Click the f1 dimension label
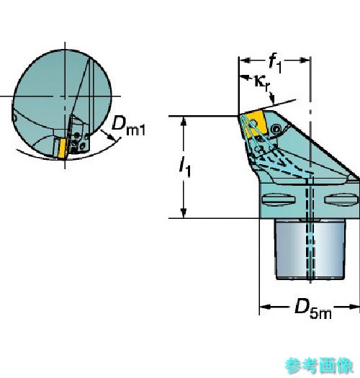(x=275, y=63)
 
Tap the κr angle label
(x=261, y=83)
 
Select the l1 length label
(x=185, y=167)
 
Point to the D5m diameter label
(x=313, y=309)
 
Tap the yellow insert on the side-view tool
(x=255, y=123)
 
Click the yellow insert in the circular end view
(x=62, y=148)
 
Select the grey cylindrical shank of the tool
(x=310, y=250)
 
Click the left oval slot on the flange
(x=279, y=199)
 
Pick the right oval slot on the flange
(x=341, y=199)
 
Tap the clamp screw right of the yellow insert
(x=276, y=129)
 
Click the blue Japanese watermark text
(x=319, y=366)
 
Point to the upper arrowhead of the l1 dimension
(x=184, y=121)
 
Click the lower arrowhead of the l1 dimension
(x=184, y=213)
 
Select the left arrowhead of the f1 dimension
(x=244, y=60)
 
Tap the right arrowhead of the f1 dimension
(x=305, y=60)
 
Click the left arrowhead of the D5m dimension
(x=264, y=307)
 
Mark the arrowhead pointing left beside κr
(x=244, y=78)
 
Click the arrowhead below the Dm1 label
(x=110, y=137)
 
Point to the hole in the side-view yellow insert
(x=253, y=124)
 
